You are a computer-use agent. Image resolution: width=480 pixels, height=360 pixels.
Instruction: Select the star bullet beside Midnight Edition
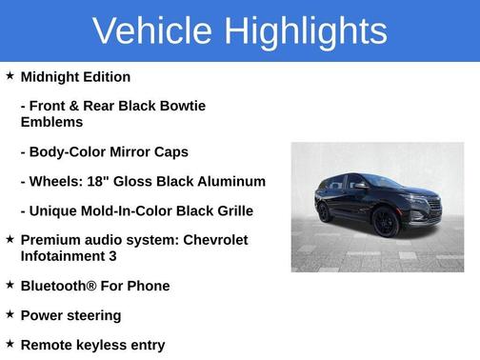tap(10, 75)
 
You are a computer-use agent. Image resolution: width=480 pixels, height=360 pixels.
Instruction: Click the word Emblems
tap(51, 122)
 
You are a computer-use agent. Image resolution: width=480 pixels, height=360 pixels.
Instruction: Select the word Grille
tap(232, 210)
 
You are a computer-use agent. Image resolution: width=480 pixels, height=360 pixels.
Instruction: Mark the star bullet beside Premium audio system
tap(10, 239)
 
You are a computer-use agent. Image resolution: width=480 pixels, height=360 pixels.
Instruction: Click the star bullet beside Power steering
tap(10, 314)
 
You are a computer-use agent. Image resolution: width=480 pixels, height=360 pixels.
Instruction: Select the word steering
tap(93, 315)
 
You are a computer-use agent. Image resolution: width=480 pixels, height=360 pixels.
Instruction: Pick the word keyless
tap(109, 345)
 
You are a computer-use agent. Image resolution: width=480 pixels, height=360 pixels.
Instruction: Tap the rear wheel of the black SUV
tap(325, 210)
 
